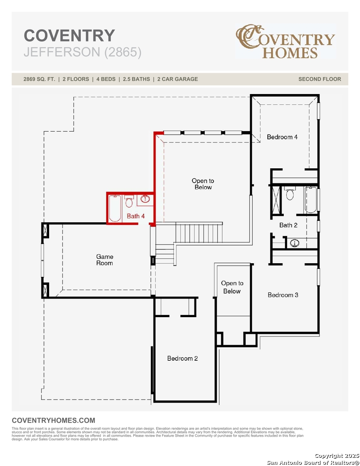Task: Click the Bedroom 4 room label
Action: coord(282,137)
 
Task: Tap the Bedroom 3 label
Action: coord(283,295)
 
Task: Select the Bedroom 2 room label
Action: coord(182,359)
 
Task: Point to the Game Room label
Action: coord(105,260)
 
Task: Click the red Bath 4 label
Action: coord(136,216)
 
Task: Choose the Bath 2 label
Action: coord(288,225)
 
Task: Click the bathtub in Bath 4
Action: coord(115,208)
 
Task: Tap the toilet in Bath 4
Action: coord(129,201)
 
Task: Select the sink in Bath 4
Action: coord(145,199)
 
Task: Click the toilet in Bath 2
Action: coord(290,193)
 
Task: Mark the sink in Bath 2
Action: coord(294,243)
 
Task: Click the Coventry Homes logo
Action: coord(285,41)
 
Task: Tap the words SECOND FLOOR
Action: coord(319,79)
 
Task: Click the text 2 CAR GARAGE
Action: coord(178,79)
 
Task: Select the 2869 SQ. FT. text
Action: coord(39,79)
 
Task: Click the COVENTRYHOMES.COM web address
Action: coord(53,420)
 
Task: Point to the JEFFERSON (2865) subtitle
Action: coord(83,52)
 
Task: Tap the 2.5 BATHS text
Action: coord(136,79)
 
